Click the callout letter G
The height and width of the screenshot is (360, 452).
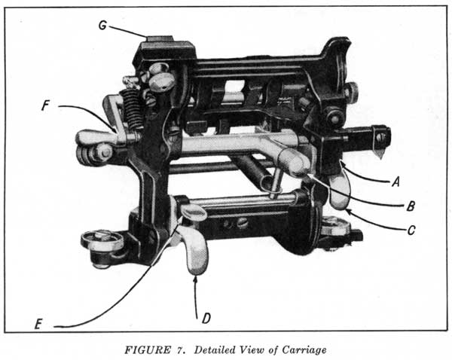102,26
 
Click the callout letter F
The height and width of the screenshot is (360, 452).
45,105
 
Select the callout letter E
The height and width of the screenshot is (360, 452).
38,325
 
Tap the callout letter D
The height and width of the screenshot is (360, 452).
206,319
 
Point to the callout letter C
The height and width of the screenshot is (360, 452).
411,230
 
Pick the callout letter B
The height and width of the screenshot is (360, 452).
411,206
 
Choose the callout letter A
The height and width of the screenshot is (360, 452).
395,182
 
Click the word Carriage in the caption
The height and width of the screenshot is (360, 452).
304,350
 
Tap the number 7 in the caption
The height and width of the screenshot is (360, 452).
178,350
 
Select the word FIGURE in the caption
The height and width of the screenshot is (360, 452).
148,350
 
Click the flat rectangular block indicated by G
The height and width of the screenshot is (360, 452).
159,38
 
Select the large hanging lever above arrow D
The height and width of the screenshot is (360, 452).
193,249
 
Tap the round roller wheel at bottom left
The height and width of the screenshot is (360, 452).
102,241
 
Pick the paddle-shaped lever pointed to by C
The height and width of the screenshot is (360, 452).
339,191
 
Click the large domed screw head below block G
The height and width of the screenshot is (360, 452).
161,81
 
